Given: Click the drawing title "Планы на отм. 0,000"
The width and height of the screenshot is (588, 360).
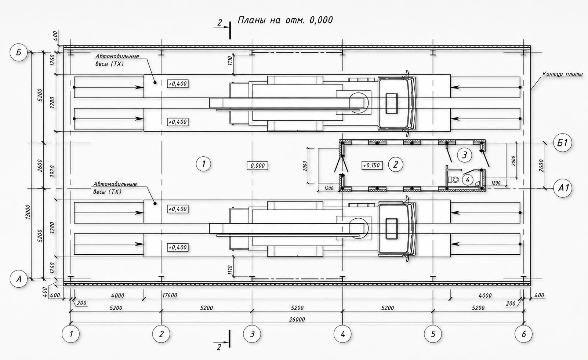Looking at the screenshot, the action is pos(285,20).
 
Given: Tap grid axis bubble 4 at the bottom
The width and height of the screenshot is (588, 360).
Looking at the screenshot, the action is pos(342,334).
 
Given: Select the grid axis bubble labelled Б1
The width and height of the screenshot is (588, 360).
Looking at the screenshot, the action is pos(563,143).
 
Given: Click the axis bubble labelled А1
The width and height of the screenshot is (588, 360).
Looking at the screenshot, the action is pos(563,188).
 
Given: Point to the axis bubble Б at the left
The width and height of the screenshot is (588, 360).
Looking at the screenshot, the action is pos(19,52).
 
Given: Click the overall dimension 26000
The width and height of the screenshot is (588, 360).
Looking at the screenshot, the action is pos(297,319).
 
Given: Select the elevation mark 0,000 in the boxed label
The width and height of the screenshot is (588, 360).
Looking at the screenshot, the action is pos(258,166).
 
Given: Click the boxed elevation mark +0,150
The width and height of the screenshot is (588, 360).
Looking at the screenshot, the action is pos(372,166).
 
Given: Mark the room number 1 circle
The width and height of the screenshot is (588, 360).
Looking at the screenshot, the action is pos(203,164).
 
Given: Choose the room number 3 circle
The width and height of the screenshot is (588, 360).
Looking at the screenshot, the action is pos(465,155).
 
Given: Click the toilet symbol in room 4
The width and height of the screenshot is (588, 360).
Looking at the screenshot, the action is pos(453,180).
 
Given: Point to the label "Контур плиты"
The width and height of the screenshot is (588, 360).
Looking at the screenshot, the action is pos(563,74).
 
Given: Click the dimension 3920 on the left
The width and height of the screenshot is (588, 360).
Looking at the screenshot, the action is pos(52,172).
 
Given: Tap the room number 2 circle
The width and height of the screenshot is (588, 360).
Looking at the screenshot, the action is pos(396,164).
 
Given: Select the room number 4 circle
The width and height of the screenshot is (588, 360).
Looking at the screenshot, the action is pos(468,180).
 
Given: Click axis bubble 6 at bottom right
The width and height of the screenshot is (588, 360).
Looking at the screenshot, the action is pos(524,334).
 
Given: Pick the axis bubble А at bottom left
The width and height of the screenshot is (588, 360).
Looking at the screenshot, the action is pos(19,279).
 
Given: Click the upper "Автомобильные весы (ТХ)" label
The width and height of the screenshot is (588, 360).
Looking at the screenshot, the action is pos(117,60).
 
